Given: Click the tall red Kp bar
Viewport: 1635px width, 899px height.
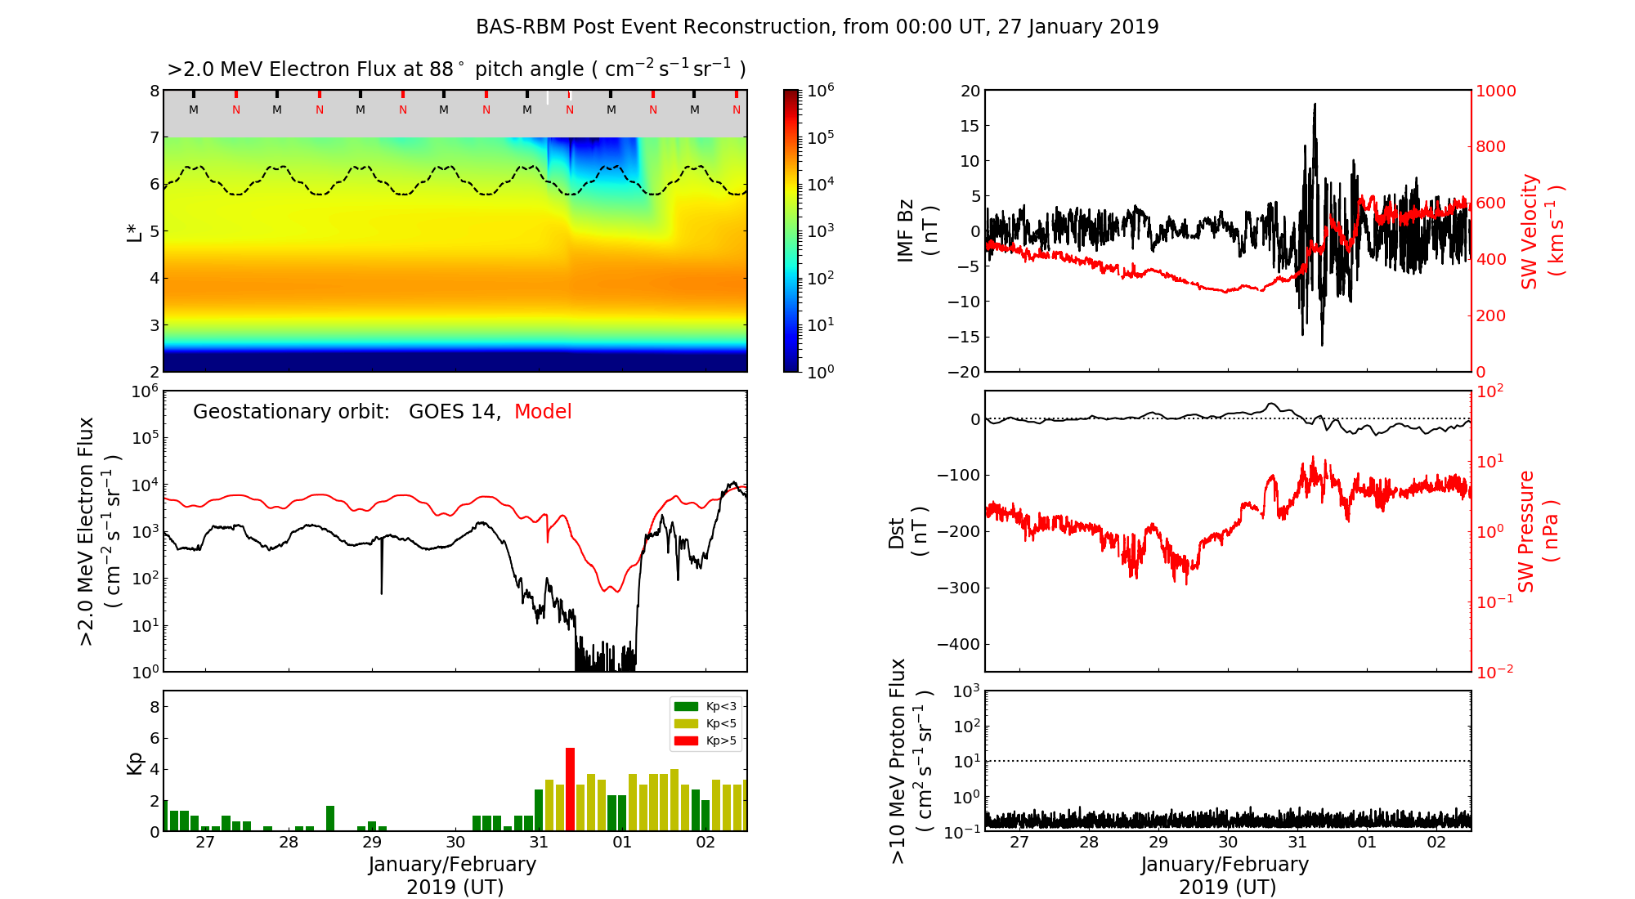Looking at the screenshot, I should tap(570, 789).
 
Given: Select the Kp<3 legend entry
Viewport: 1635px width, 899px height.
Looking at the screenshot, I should tap(705, 706).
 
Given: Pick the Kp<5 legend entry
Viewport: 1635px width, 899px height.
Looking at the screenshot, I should tap(705, 723).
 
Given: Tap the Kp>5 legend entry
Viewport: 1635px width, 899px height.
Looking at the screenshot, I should tap(705, 741).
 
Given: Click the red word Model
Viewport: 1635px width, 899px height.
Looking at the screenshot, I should tap(543, 412).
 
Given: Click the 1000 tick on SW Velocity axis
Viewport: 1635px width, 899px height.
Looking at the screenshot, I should tap(1495, 91).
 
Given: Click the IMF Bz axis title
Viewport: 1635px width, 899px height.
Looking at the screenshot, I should tap(916, 231).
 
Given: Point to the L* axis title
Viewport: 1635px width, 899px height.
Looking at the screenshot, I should tap(135, 231).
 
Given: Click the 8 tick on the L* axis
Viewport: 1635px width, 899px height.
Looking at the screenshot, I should tap(154, 91).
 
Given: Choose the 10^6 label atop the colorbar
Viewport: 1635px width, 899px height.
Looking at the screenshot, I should tap(820, 91).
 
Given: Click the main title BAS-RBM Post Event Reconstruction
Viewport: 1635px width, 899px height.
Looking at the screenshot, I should tap(817, 27).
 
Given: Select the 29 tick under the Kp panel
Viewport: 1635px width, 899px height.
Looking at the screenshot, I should tap(372, 843).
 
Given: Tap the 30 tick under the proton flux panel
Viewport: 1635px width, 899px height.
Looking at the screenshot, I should tap(1228, 843).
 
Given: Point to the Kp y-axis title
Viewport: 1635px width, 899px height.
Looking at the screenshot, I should tap(135, 763).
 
